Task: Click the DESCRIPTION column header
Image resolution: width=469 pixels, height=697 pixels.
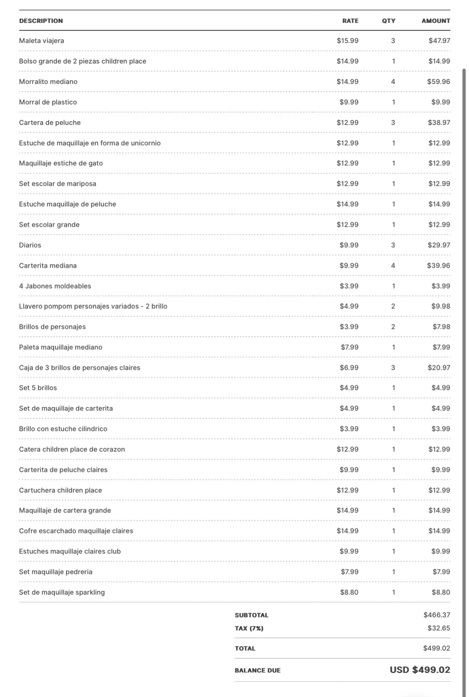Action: point(41,21)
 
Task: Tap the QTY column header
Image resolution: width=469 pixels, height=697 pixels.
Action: point(389,21)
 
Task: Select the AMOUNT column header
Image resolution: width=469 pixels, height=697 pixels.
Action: point(436,21)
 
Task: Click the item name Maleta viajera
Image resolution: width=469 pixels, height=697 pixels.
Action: point(41,41)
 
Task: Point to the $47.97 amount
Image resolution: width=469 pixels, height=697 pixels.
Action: point(439,41)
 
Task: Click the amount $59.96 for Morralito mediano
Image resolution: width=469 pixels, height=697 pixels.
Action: point(438,81)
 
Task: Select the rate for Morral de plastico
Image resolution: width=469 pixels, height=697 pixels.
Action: point(349,102)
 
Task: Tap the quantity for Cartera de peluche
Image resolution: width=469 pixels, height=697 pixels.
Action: point(393,122)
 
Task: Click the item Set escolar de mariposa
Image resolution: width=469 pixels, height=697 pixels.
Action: point(57,184)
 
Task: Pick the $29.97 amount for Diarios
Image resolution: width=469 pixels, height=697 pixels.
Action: point(439,245)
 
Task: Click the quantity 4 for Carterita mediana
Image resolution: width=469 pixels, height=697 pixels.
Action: point(393,265)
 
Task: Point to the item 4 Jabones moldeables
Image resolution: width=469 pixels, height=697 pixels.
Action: point(55,286)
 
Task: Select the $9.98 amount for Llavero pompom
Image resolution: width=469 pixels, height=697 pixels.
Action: point(441,306)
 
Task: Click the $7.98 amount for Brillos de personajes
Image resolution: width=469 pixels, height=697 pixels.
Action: point(441,326)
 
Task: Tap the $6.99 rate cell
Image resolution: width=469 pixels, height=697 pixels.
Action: point(349,367)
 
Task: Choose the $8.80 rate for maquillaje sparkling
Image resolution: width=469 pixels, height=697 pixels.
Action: point(349,592)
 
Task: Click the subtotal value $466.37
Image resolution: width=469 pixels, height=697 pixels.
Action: point(436,615)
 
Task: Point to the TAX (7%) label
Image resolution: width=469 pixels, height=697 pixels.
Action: point(249,628)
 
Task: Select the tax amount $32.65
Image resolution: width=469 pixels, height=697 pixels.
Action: point(439,628)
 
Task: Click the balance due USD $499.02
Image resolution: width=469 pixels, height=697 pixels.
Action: point(420,670)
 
